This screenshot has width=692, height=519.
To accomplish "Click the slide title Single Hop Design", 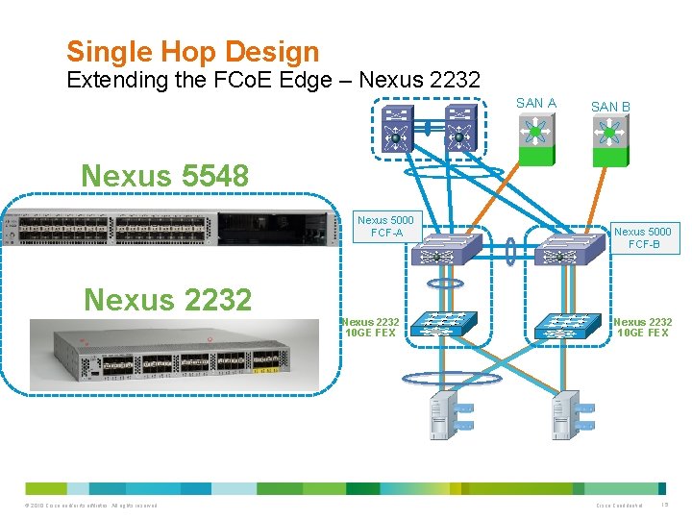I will tap(192, 51).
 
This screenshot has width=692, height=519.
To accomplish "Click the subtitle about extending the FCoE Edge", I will tap(273, 81).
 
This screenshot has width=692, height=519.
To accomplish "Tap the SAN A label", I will tap(535, 103).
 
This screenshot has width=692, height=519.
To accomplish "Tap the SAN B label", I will tap(610, 107).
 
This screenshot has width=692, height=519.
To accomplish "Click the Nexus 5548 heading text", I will tap(165, 176).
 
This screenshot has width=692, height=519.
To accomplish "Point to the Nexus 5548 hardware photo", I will tap(173, 228).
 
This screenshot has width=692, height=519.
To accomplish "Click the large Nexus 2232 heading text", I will tap(167, 300).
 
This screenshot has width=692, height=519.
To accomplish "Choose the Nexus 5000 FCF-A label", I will tap(385, 227).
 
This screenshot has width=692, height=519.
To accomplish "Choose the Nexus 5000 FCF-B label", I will tap(643, 237).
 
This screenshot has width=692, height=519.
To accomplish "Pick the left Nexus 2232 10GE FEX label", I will tap(372, 328).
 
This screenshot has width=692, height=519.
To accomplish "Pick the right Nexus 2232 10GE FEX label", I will tap(642, 328).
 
